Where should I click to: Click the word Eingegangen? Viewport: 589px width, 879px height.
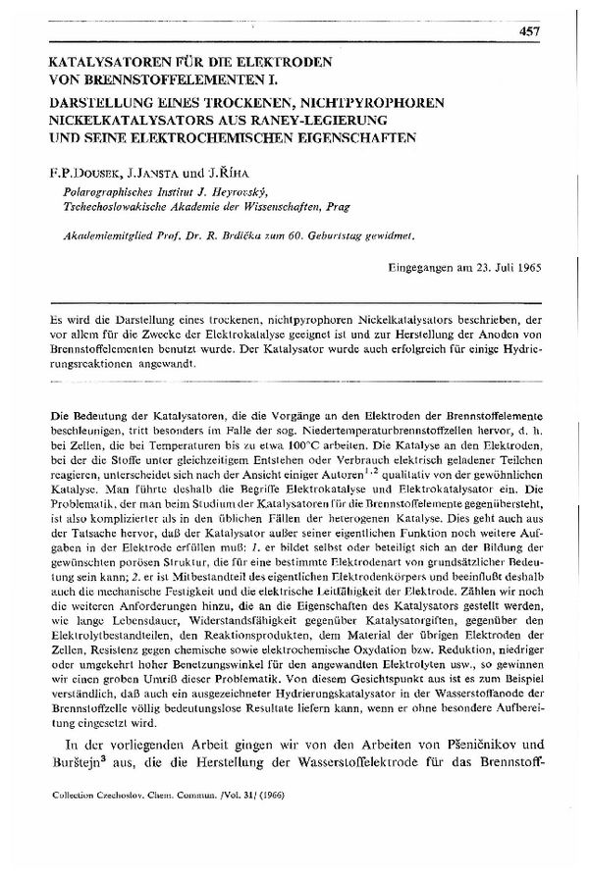pos(418,266)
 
